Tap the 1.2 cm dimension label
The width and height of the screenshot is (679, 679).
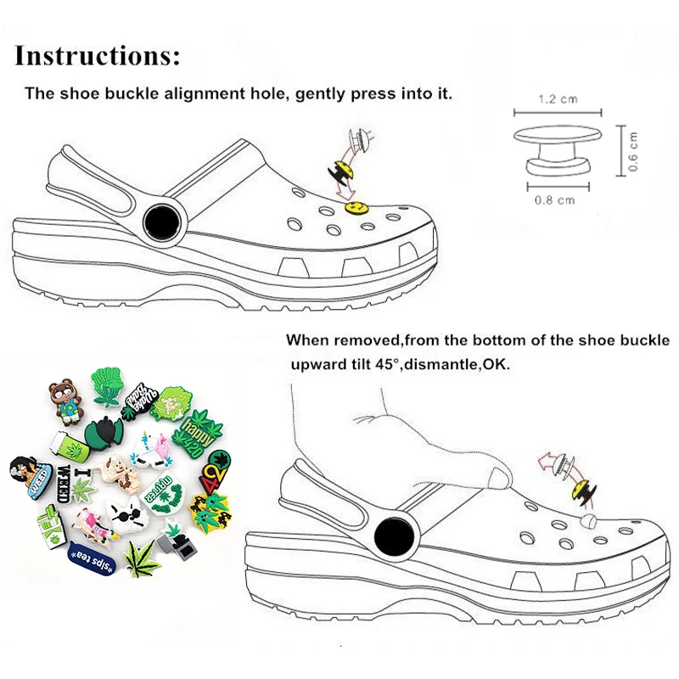(558, 99)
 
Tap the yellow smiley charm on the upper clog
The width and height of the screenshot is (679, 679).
(354, 206)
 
